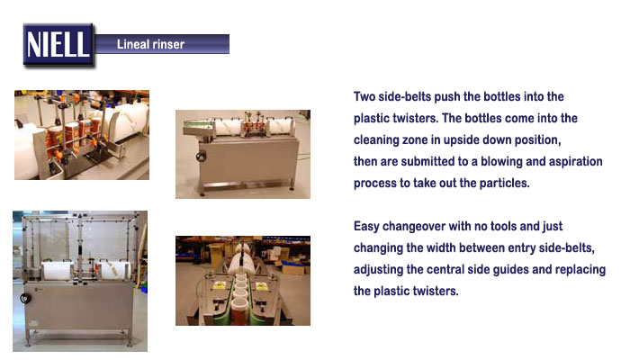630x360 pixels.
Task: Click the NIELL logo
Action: (x=58, y=44)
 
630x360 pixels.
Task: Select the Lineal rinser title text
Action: (x=150, y=44)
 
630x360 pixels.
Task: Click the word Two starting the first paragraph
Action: (x=364, y=96)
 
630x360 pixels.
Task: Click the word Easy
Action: (x=366, y=226)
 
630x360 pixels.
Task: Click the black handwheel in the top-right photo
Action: (x=201, y=157)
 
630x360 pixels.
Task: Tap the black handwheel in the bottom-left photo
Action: (x=25, y=298)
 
